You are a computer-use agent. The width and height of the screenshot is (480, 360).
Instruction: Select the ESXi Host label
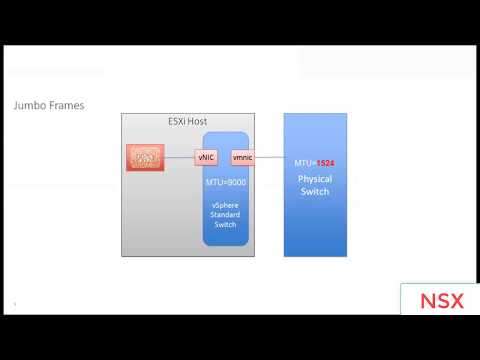187,121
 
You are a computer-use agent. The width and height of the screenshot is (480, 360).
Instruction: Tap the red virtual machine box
145,158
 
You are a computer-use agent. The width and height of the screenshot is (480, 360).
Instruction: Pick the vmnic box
242,158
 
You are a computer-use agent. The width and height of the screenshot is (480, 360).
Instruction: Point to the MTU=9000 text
226,183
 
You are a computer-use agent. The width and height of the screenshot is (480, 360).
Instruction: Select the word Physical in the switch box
315,179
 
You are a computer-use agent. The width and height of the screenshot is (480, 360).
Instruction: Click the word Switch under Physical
315,191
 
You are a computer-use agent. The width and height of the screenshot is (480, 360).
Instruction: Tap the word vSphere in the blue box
226,203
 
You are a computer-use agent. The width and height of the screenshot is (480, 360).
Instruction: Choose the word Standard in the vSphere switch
226,214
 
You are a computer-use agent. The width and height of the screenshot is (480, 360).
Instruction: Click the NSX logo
440,300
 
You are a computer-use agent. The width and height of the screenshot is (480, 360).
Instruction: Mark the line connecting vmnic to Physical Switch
269,158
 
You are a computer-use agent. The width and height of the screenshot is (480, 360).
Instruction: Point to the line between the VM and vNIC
179,158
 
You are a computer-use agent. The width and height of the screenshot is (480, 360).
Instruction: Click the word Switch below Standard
226,225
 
